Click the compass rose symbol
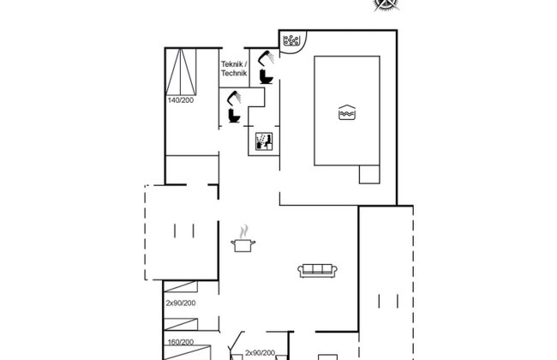(x=386, y=4)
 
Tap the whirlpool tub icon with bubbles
(x=291, y=40)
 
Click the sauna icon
(x=264, y=141)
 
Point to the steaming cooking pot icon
(x=243, y=239)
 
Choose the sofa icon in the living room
(x=318, y=271)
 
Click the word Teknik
(x=232, y=64)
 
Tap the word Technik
(x=234, y=73)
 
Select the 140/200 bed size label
(x=181, y=100)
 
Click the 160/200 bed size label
(x=181, y=342)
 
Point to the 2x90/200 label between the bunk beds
(x=181, y=303)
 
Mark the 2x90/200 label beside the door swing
(x=260, y=353)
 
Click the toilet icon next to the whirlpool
(x=266, y=77)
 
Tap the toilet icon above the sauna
(x=234, y=116)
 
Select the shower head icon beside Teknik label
(x=266, y=58)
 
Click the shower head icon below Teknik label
(x=235, y=98)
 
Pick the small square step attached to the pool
(x=369, y=175)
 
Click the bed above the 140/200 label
(x=181, y=72)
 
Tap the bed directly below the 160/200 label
(x=187, y=352)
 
